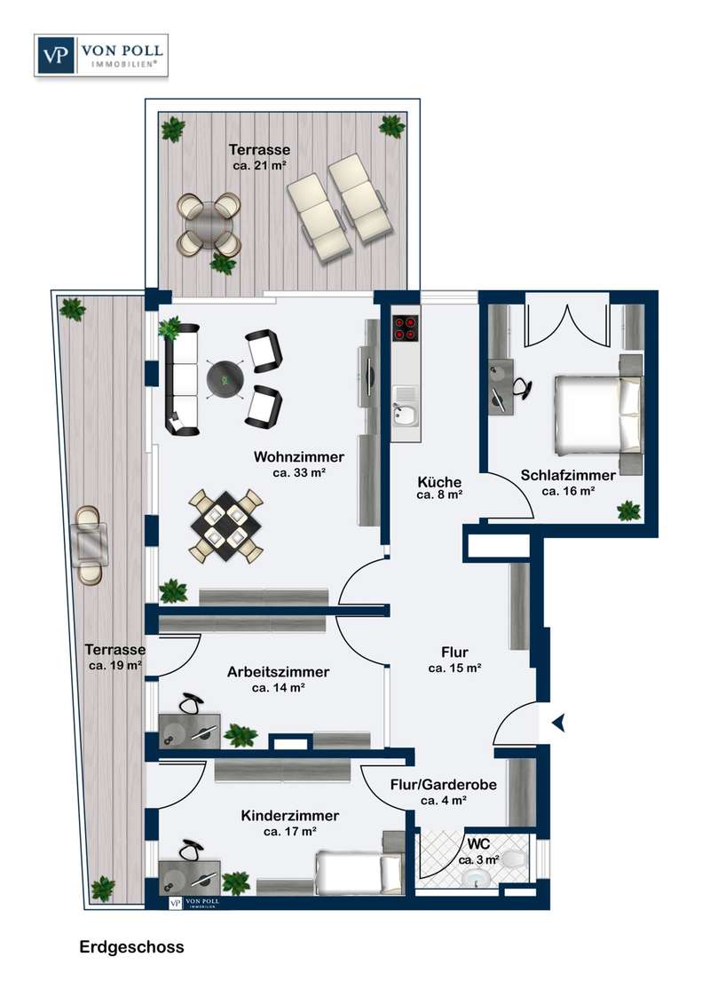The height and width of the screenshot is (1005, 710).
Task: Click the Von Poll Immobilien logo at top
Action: click(101, 56)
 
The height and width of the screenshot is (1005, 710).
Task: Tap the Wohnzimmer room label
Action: click(298, 457)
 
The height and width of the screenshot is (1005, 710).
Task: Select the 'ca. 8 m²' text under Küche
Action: click(439, 495)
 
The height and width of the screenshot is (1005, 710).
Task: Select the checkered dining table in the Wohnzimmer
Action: click(226, 525)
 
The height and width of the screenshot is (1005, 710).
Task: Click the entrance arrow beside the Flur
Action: click(559, 723)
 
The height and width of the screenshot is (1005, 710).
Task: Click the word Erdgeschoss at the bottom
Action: click(131, 947)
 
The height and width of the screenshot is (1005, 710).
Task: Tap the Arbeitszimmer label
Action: click(278, 672)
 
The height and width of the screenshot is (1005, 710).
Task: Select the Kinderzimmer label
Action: click(289, 815)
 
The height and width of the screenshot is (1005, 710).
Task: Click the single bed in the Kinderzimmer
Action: click(359, 872)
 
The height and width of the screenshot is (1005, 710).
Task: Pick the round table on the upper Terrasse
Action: click(209, 225)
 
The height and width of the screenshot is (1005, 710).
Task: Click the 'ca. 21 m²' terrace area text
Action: click(259, 165)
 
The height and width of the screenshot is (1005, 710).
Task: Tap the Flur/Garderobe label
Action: click(444, 785)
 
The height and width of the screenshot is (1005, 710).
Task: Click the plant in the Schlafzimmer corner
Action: click(628, 510)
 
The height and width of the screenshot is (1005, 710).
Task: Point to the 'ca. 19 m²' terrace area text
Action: click(115, 665)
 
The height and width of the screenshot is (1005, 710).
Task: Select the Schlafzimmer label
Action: click(568, 476)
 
